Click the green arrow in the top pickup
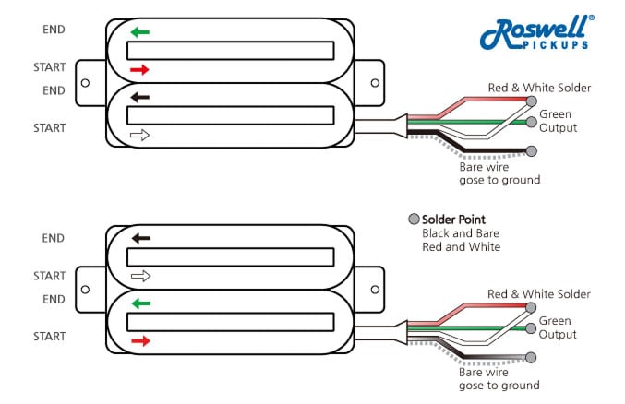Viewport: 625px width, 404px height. pyautogui.click(x=139, y=31)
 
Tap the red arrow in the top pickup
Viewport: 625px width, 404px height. pyautogui.click(x=139, y=69)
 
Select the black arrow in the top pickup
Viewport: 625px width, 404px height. pyautogui.click(x=139, y=95)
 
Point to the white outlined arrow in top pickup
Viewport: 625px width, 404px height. pyautogui.click(x=139, y=135)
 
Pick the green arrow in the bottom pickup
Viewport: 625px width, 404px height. pyautogui.click(x=139, y=303)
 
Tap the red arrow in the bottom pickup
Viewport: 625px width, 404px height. pyautogui.click(x=139, y=341)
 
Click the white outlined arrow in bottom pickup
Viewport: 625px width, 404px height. pyautogui.click(x=139, y=275)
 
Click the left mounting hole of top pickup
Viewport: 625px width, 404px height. pyautogui.click(x=86, y=82)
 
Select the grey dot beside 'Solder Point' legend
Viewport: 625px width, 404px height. pyautogui.click(x=414, y=220)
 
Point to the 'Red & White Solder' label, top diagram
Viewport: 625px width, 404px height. pyautogui.click(x=539, y=88)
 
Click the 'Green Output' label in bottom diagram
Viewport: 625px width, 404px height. pyautogui.click(x=557, y=327)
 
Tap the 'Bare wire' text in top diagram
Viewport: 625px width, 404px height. pyautogui.click(x=484, y=167)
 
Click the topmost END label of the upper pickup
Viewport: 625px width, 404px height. pyautogui.click(x=54, y=30)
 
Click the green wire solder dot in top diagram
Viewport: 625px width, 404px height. pyautogui.click(x=530, y=122)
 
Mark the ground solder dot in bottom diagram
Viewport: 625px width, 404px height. pyautogui.click(x=530, y=357)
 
